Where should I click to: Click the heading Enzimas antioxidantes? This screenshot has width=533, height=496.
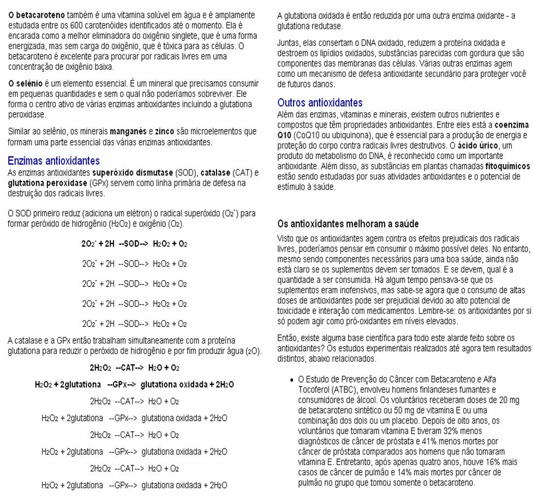53,161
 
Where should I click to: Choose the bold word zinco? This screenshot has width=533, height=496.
164,131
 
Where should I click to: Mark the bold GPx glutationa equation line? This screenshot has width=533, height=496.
134,385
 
